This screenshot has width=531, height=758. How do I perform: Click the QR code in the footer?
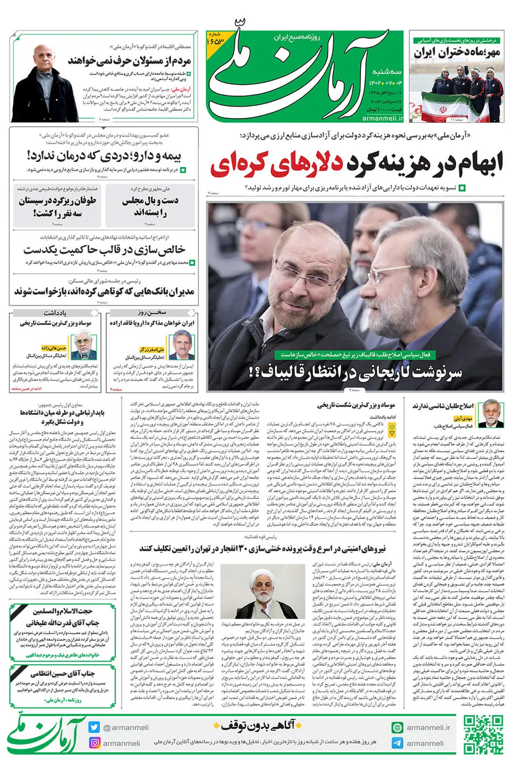coord(483,735)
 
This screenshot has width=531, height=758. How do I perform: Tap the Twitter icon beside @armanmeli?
coord(94,727)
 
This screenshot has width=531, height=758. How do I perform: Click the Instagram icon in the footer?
coord(94,743)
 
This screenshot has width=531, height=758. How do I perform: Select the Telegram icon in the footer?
coord(397,743)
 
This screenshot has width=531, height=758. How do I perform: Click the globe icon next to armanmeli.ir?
coord(397,727)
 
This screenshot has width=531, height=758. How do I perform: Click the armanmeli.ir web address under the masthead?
coord(383,118)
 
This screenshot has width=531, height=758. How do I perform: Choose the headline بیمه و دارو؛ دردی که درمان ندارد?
coord(104,156)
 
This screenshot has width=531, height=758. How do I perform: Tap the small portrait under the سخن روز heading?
coord(181,345)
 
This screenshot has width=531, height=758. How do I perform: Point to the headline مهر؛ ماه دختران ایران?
coord(457,53)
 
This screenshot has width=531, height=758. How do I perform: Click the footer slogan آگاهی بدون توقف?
coord(258,726)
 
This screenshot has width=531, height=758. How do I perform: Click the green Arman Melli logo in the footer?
coord(46,735)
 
